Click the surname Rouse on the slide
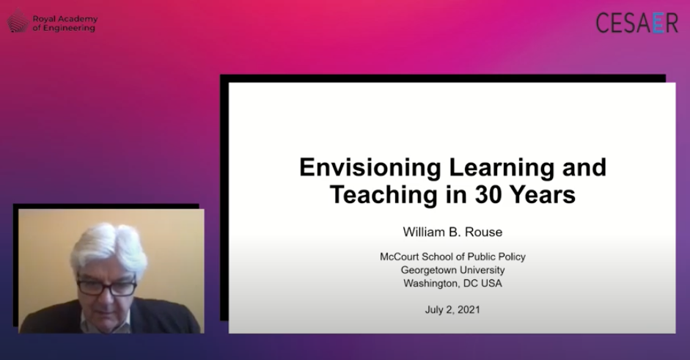point(484,232)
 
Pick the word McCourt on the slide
point(399,257)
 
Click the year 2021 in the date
point(469,310)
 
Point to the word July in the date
point(434,310)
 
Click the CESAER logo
point(636,23)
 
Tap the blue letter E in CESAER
point(658,23)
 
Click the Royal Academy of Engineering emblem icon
point(18,21)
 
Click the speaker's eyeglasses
point(107,287)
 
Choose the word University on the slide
point(482,271)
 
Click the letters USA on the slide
point(491,284)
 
